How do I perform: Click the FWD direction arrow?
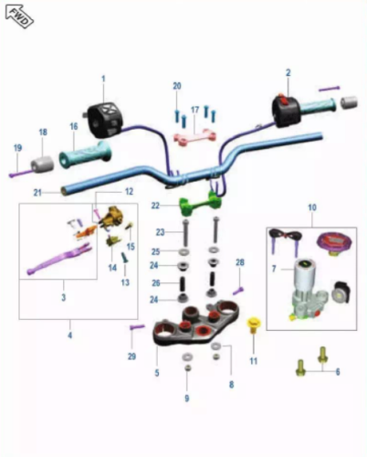pos(19,16)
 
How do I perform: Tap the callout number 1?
pos(103,79)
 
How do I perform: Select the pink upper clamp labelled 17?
pos(195,135)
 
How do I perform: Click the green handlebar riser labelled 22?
pos(201,203)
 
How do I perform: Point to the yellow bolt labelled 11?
pos(254,325)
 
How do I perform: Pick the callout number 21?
pos(37,193)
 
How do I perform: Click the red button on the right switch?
pos(283,101)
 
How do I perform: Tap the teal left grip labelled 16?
pos(86,154)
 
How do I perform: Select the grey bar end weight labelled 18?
pos(42,165)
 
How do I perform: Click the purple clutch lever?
pos(59,258)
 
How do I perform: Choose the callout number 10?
pos(312,207)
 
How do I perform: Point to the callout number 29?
pos(131,356)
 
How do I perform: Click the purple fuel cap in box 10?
pos(333,244)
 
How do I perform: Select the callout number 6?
pos(338,372)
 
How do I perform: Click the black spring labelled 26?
pos(183,283)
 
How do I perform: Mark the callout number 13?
pos(125,282)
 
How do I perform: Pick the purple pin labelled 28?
pos(238,291)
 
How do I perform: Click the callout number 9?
pos(187,398)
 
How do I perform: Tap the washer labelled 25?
pos(183,252)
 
